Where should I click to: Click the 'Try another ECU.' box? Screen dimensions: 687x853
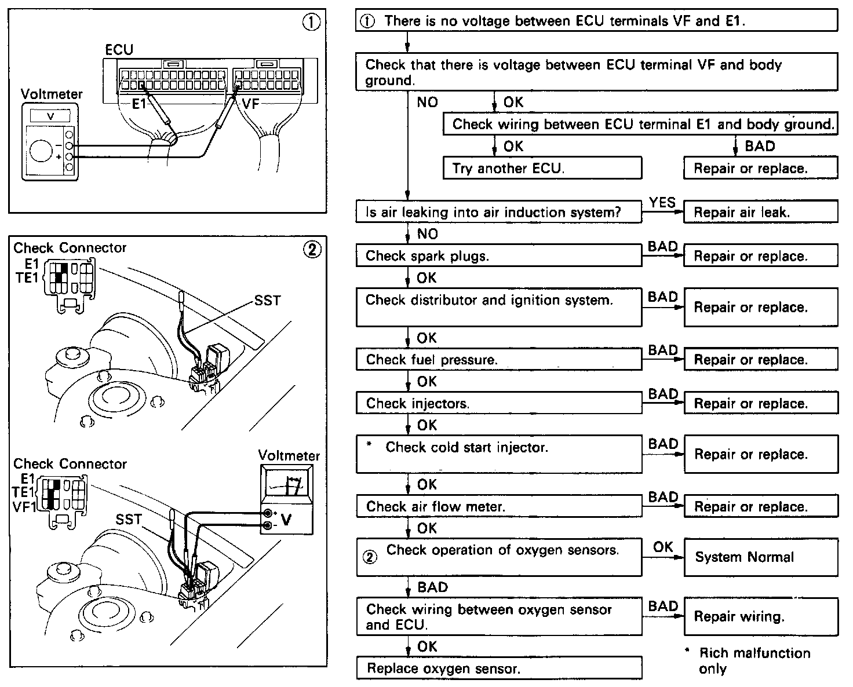click(x=542, y=168)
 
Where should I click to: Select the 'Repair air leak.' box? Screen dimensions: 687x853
click(x=760, y=212)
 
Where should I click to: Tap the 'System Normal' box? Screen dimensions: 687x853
click(x=760, y=557)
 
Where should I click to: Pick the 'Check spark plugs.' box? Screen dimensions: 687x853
click(x=498, y=256)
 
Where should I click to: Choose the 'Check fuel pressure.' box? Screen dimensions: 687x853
click(x=498, y=359)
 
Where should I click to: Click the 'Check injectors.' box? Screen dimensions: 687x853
click(x=498, y=403)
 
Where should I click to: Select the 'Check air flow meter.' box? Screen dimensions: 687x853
click(x=498, y=506)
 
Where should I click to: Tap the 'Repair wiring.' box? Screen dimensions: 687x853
click(x=760, y=616)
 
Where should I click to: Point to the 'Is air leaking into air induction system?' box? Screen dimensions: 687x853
click(x=498, y=212)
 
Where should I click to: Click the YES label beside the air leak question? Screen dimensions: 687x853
click(x=662, y=202)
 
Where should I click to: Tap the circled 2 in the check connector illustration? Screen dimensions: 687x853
click(x=311, y=250)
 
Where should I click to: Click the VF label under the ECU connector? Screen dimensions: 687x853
click(x=250, y=104)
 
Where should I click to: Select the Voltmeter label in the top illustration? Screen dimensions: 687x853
click(x=52, y=94)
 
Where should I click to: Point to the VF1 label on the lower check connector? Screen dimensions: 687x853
click(x=24, y=506)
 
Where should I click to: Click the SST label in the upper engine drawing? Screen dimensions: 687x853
click(x=267, y=301)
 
